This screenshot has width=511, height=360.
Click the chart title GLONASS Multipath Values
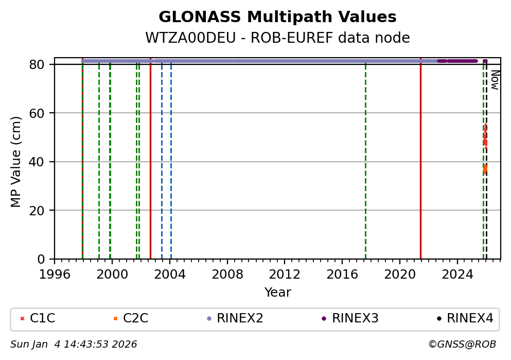277,17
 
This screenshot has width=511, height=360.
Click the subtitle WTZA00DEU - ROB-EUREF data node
277,38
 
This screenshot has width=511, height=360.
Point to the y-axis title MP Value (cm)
16,162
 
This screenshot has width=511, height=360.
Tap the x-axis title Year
277,293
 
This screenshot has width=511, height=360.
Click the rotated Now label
495,80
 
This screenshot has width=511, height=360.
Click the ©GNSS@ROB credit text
462,345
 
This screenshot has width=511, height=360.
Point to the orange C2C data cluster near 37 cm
485,168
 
